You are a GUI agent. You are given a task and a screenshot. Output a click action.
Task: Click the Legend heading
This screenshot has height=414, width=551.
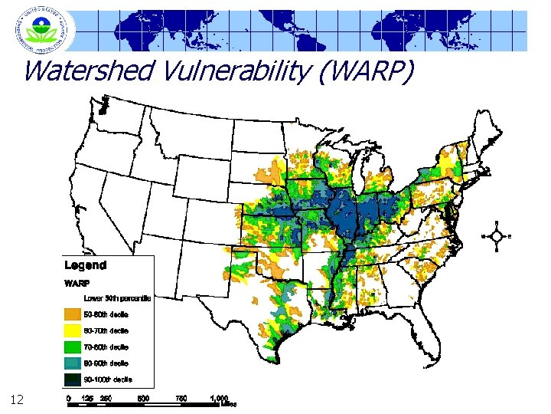point(85,265)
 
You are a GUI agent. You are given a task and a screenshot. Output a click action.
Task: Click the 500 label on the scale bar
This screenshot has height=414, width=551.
point(143,399)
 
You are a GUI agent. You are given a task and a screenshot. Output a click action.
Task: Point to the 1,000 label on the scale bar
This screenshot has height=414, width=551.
point(220,399)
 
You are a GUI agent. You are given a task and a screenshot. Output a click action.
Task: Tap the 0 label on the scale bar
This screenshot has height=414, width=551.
point(69,399)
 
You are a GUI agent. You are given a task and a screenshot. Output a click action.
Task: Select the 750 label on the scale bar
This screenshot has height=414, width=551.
point(181,399)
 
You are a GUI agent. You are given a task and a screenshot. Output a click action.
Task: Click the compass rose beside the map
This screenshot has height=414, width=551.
point(497,236)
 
